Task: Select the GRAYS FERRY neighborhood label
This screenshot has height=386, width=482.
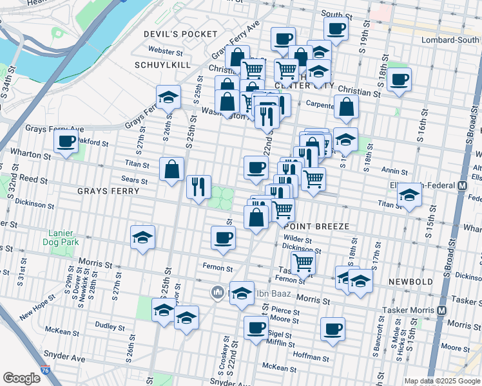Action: [x=108, y=191]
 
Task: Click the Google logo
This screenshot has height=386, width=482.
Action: [x=21, y=378]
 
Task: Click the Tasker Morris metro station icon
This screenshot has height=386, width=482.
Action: [x=441, y=309]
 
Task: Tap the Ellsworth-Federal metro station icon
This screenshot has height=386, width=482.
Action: [x=462, y=186]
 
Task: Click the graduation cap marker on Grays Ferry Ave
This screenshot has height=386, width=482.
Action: [x=168, y=97]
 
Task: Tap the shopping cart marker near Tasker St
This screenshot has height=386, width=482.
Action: [x=302, y=262]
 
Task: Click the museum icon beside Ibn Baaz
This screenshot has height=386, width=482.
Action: [x=218, y=294]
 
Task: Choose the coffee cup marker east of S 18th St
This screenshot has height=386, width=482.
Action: [x=400, y=80]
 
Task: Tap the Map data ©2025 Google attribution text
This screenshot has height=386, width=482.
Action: [x=441, y=381]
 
